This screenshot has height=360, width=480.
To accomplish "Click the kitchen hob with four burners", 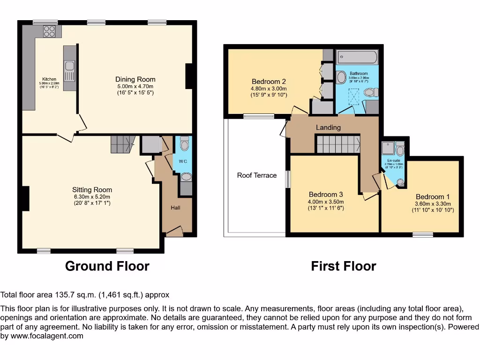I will click(49, 31).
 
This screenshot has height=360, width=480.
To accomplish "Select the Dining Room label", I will click(135, 79).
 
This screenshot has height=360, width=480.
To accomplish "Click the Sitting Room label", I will click(92, 190).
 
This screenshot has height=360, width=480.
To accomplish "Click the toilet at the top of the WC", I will click(184, 144).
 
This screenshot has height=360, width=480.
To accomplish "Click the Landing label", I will click(328, 127).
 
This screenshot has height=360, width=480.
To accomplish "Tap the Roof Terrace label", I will click(257, 175).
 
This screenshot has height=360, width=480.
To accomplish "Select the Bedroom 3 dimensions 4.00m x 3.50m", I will click(326, 202).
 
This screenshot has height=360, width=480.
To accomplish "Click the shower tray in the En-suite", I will click(388, 149).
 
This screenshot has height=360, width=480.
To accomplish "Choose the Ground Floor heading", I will click(107, 266).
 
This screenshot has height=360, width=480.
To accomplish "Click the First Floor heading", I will click(344, 266).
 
